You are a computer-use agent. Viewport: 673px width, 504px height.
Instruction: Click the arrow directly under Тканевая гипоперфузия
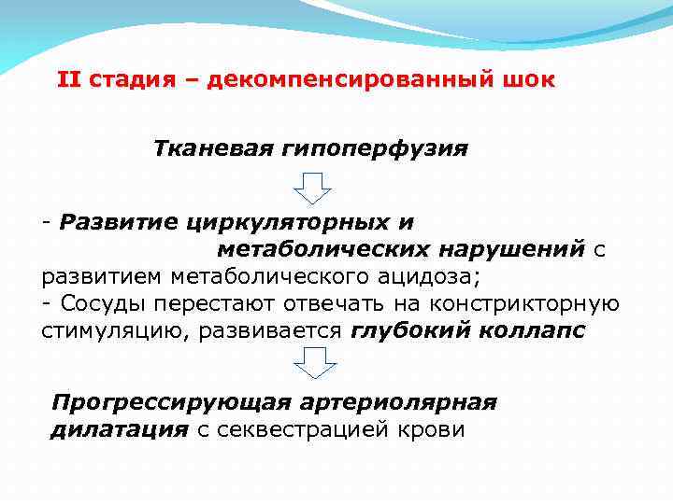pyautogui.click(x=313, y=189)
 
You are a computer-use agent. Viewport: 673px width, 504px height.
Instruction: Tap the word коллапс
pyautogui.click(x=534, y=331)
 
